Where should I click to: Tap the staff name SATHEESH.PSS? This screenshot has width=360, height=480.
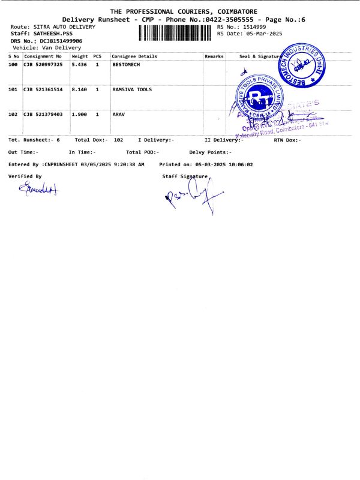click(53, 34)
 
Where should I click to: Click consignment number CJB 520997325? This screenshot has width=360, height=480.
click(43, 64)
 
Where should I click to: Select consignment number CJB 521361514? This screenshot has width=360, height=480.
click(43, 89)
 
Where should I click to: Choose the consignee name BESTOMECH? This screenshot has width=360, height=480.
click(126, 64)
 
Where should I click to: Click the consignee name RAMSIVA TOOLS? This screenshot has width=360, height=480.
click(132, 89)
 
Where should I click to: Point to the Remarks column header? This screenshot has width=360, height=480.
click(214, 56)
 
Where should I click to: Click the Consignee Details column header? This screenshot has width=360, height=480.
click(134, 56)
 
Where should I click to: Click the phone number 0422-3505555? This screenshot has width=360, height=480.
click(230, 20)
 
